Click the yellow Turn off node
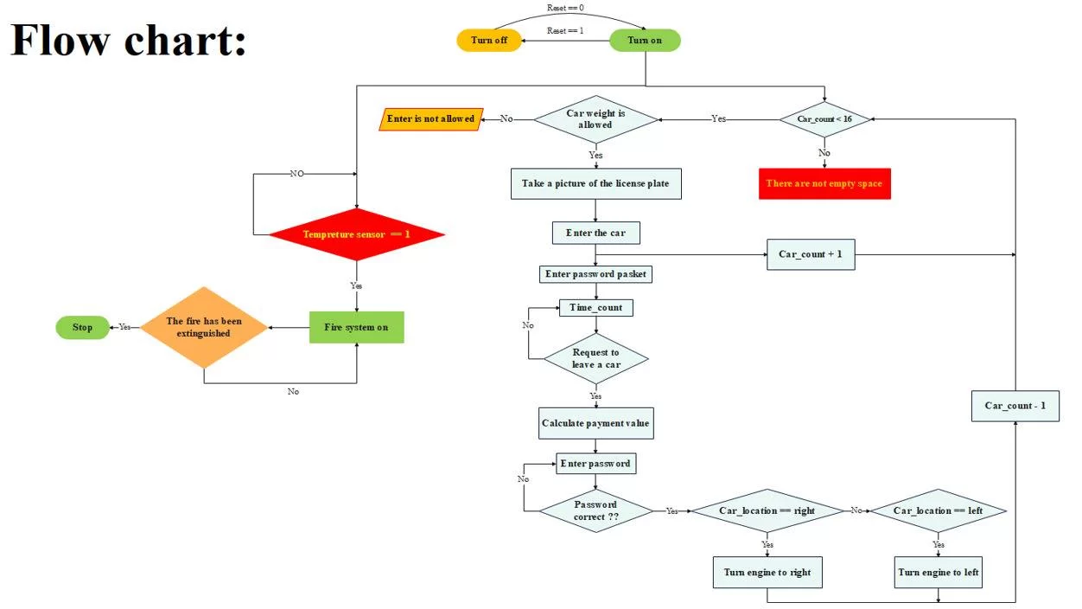489,41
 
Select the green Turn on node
645,41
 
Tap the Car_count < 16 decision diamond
824,119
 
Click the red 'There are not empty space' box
824,183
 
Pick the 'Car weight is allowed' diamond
595,119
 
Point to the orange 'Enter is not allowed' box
431,119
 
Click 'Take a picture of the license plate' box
595,183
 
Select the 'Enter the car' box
595,233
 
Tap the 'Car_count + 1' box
811,254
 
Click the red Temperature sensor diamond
356,234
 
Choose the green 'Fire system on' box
356,327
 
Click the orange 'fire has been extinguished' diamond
204,327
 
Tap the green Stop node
83,327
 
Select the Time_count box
595,307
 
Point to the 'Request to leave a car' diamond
595,358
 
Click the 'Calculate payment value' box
595,423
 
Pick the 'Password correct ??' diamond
595,510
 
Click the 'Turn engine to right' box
767,572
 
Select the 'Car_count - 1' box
1015,405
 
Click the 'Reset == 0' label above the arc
566,8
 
